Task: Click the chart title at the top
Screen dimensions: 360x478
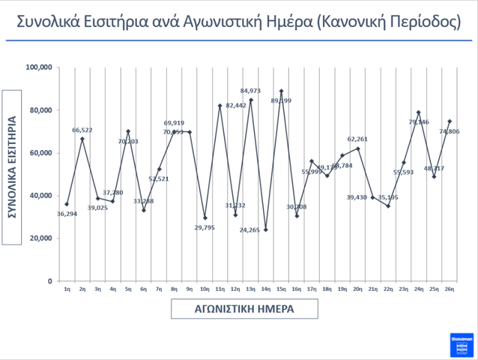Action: [x=238, y=20]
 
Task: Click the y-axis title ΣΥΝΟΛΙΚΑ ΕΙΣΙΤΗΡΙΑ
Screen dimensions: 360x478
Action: [x=13, y=167]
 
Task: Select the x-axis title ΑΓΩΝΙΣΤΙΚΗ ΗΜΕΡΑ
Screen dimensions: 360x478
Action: [x=244, y=308]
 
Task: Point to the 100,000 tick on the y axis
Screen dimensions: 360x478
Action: [x=38, y=67]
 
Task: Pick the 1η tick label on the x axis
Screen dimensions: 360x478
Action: [x=67, y=289]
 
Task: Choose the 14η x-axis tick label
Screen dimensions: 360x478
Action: [x=266, y=289]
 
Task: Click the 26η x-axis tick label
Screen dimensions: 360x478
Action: [x=450, y=289]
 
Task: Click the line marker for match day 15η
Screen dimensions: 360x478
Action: [x=281, y=91]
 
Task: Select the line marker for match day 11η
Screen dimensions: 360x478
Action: [x=220, y=106]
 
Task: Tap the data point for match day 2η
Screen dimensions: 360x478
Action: [x=82, y=139]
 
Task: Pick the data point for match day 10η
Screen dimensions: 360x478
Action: [x=205, y=217]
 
